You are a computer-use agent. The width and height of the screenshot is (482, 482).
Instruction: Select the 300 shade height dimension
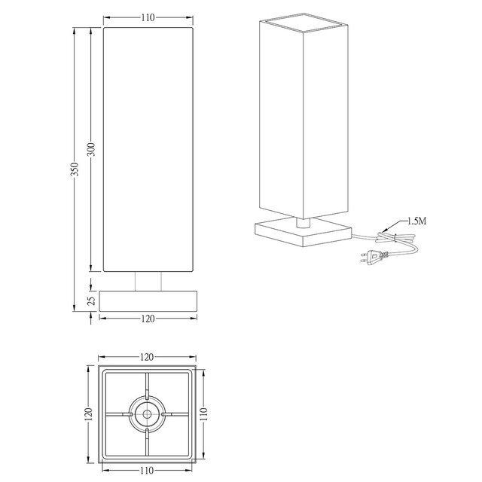[91, 149]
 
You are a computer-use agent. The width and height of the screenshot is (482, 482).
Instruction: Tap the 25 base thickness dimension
[91, 300]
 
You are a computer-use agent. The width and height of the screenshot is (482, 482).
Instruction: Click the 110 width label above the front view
[147, 17]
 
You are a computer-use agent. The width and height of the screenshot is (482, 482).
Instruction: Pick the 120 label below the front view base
[147, 319]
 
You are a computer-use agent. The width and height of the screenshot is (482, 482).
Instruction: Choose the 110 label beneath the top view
[147, 471]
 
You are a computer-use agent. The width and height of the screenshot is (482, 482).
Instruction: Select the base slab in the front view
[147, 300]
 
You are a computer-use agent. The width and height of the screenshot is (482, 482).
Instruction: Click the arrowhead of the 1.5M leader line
[385, 229]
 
